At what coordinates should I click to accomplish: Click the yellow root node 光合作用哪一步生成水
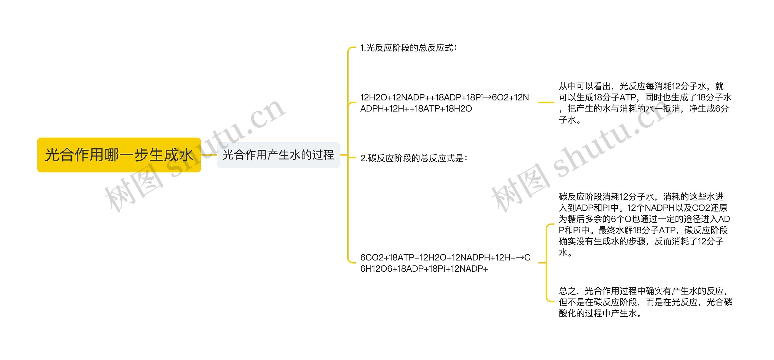click(x=119, y=155)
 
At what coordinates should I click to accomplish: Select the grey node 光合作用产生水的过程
click(x=278, y=155)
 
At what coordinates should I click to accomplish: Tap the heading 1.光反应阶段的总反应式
click(x=408, y=48)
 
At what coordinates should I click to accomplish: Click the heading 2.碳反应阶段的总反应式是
click(x=414, y=158)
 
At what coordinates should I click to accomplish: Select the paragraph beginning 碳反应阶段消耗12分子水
click(x=644, y=224)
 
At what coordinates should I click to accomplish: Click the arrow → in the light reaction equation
click(x=487, y=97)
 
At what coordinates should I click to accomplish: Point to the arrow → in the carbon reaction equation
click(x=520, y=257)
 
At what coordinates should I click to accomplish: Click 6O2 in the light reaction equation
click(x=500, y=97)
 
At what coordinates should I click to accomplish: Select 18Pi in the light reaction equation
click(x=475, y=97)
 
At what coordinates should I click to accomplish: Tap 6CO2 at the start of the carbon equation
click(x=372, y=257)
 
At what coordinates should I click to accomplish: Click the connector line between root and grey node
click(x=209, y=155)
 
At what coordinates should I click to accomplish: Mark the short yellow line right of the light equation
click(x=546, y=102)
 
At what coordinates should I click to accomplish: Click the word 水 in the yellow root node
click(x=185, y=155)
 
